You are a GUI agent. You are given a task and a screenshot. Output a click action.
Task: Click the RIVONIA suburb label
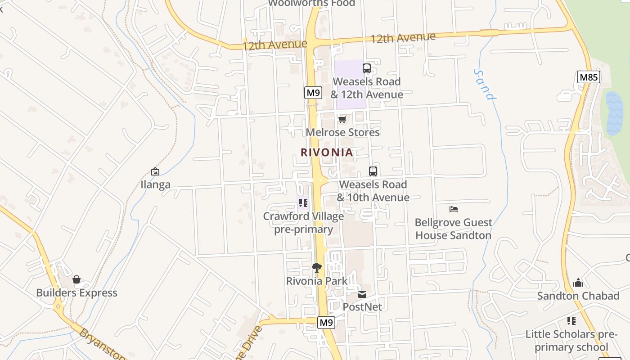click(x=327, y=153)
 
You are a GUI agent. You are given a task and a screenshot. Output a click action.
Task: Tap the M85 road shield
click(x=589, y=77)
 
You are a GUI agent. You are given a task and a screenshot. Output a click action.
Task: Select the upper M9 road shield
click(x=313, y=93)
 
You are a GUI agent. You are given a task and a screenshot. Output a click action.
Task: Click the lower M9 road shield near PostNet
click(x=326, y=322)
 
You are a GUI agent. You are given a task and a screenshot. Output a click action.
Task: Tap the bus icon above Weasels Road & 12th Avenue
click(x=367, y=68)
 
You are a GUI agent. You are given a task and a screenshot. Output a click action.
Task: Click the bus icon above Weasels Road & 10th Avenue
click(x=373, y=171)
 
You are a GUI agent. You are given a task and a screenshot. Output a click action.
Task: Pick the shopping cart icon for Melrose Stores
click(x=342, y=119)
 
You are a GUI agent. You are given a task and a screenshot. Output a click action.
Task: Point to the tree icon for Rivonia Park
click(x=317, y=268)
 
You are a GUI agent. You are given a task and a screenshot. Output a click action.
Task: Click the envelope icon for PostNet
click(x=362, y=294)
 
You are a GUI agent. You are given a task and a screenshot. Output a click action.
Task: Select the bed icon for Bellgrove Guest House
click(x=454, y=209)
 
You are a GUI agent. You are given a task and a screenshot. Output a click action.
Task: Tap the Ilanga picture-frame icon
click(x=155, y=171)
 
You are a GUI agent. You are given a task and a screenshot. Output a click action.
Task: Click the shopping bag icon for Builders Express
click(x=76, y=279)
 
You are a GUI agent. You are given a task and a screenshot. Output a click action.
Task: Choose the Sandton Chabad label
click(x=578, y=296)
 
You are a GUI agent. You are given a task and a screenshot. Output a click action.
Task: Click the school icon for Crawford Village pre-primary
click(x=303, y=203)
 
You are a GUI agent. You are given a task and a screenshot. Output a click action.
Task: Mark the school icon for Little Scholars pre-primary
click(x=571, y=321)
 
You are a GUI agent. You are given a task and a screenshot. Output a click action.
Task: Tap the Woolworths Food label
click(x=311, y=3)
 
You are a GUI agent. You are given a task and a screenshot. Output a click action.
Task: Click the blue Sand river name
click(x=485, y=84)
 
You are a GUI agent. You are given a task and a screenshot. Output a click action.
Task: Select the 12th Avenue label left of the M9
click(x=274, y=45)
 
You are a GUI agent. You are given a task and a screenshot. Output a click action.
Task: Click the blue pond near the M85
click(x=614, y=114)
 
